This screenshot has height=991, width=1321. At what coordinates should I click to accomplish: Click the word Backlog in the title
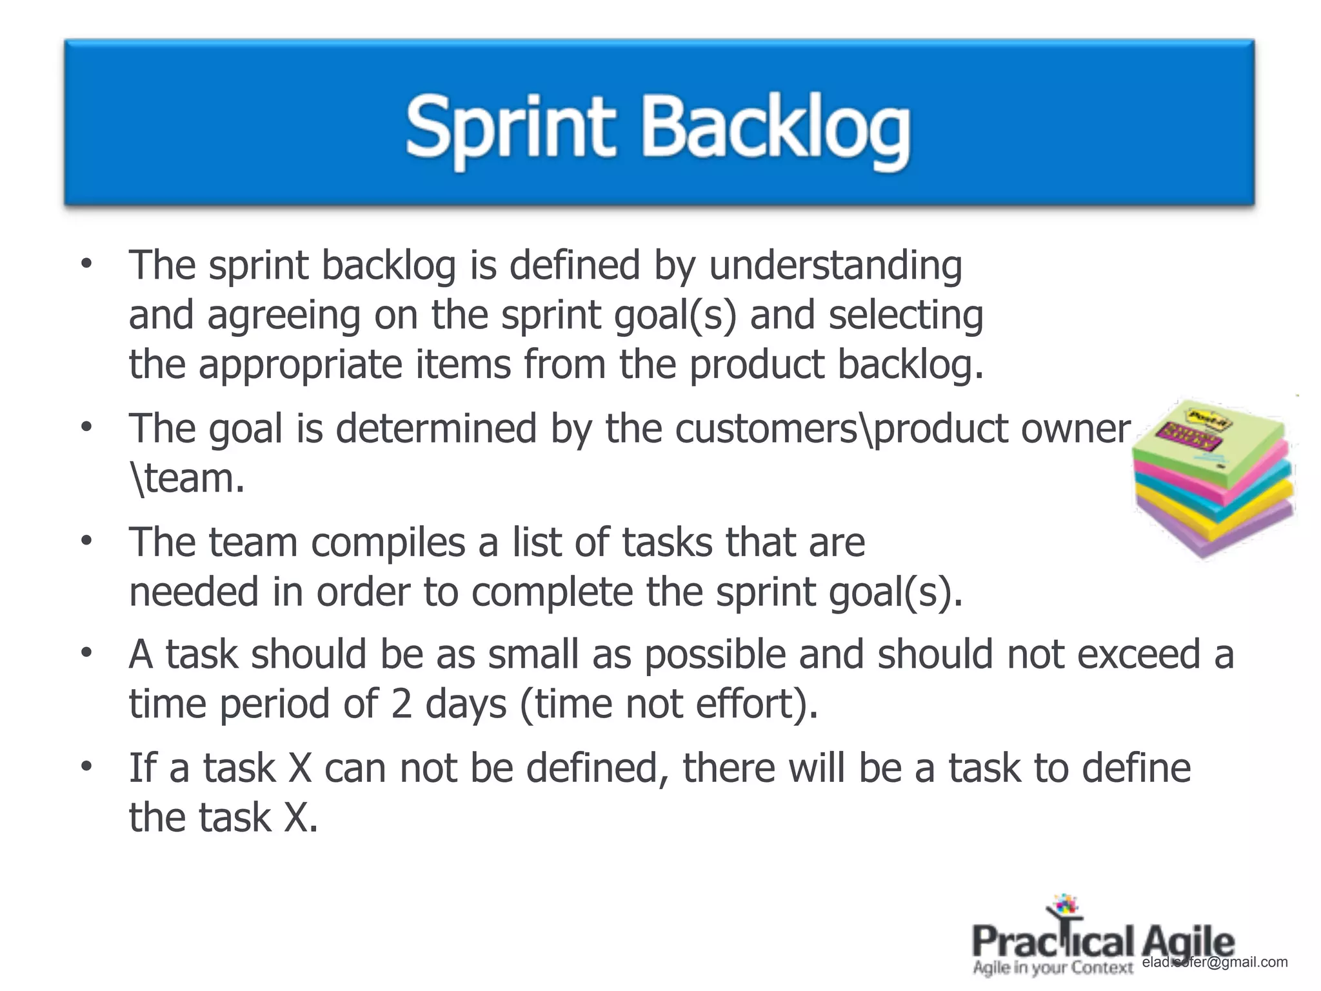pyautogui.click(x=776, y=129)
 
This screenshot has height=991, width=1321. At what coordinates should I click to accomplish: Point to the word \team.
pyautogui.click(x=187, y=479)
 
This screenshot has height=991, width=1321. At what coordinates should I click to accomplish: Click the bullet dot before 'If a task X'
pyautogui.click(x=86, y=767)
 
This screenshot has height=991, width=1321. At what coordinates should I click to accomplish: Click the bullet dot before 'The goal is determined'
pyautogui.click(x=86, y=427)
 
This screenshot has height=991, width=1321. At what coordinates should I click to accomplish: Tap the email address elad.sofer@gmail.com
pyautogui.click(x=1215, y=963)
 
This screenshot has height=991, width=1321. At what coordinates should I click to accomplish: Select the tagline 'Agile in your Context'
pyautogui.click(x=1053, y=968)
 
